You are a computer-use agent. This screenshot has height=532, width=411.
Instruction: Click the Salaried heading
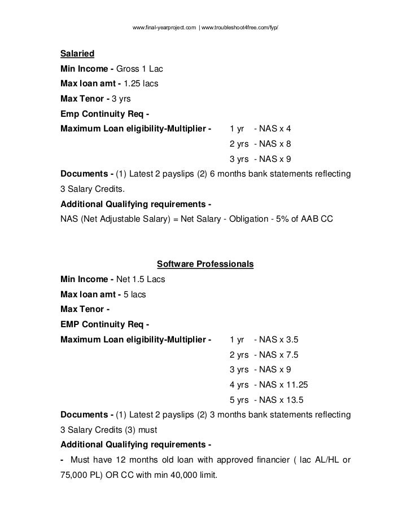coord(77,55)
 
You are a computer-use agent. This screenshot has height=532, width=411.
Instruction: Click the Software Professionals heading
coord(205,264)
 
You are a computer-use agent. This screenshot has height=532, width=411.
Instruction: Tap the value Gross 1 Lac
coord(139,69)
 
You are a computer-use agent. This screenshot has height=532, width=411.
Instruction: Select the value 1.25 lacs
coord(141,84)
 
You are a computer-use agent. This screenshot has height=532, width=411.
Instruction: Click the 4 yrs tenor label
coord(239,385)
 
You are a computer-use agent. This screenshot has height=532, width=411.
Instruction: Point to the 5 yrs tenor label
coord(239,400)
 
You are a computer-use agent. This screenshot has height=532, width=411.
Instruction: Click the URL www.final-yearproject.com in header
coord(163,27)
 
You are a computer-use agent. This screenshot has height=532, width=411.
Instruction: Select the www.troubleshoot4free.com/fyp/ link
coord(241,27)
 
